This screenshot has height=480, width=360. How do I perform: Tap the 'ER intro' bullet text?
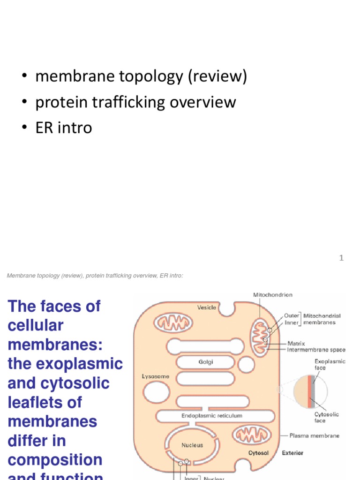pyautogui.click(x=64, y=127)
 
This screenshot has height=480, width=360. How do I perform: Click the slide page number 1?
pyautogui.click(x=342, y=258)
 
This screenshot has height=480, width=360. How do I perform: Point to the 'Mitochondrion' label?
pyautogui.click(x=273, y=295)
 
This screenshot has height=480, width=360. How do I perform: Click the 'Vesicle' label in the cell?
pyautogui.click(x=207, y=307)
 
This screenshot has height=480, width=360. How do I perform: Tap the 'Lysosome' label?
pyautogui.click(x=155, y=376)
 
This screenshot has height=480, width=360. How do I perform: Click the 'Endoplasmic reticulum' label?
pyautogui.click(x=212, y=415)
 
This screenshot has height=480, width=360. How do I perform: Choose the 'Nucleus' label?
pyautogui.click(x=192, y=445)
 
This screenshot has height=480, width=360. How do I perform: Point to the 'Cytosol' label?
pyautogui.click(x=258, y=453)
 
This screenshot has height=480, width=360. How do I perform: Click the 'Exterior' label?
pyautogui.click(x=292, y=453)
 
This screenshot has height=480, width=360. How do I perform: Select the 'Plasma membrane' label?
pyautogui.click(x=315, y=435)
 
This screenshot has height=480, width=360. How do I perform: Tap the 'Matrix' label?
pyautogui.click(x=296, y=344)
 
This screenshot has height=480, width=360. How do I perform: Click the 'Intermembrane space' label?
pyautogui.click(x=316, y=350)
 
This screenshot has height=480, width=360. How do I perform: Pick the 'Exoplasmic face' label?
pyautogui.click(x=330, y=365)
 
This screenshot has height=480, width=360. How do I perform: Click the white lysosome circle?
pyautogui.click(x=156, y=392)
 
